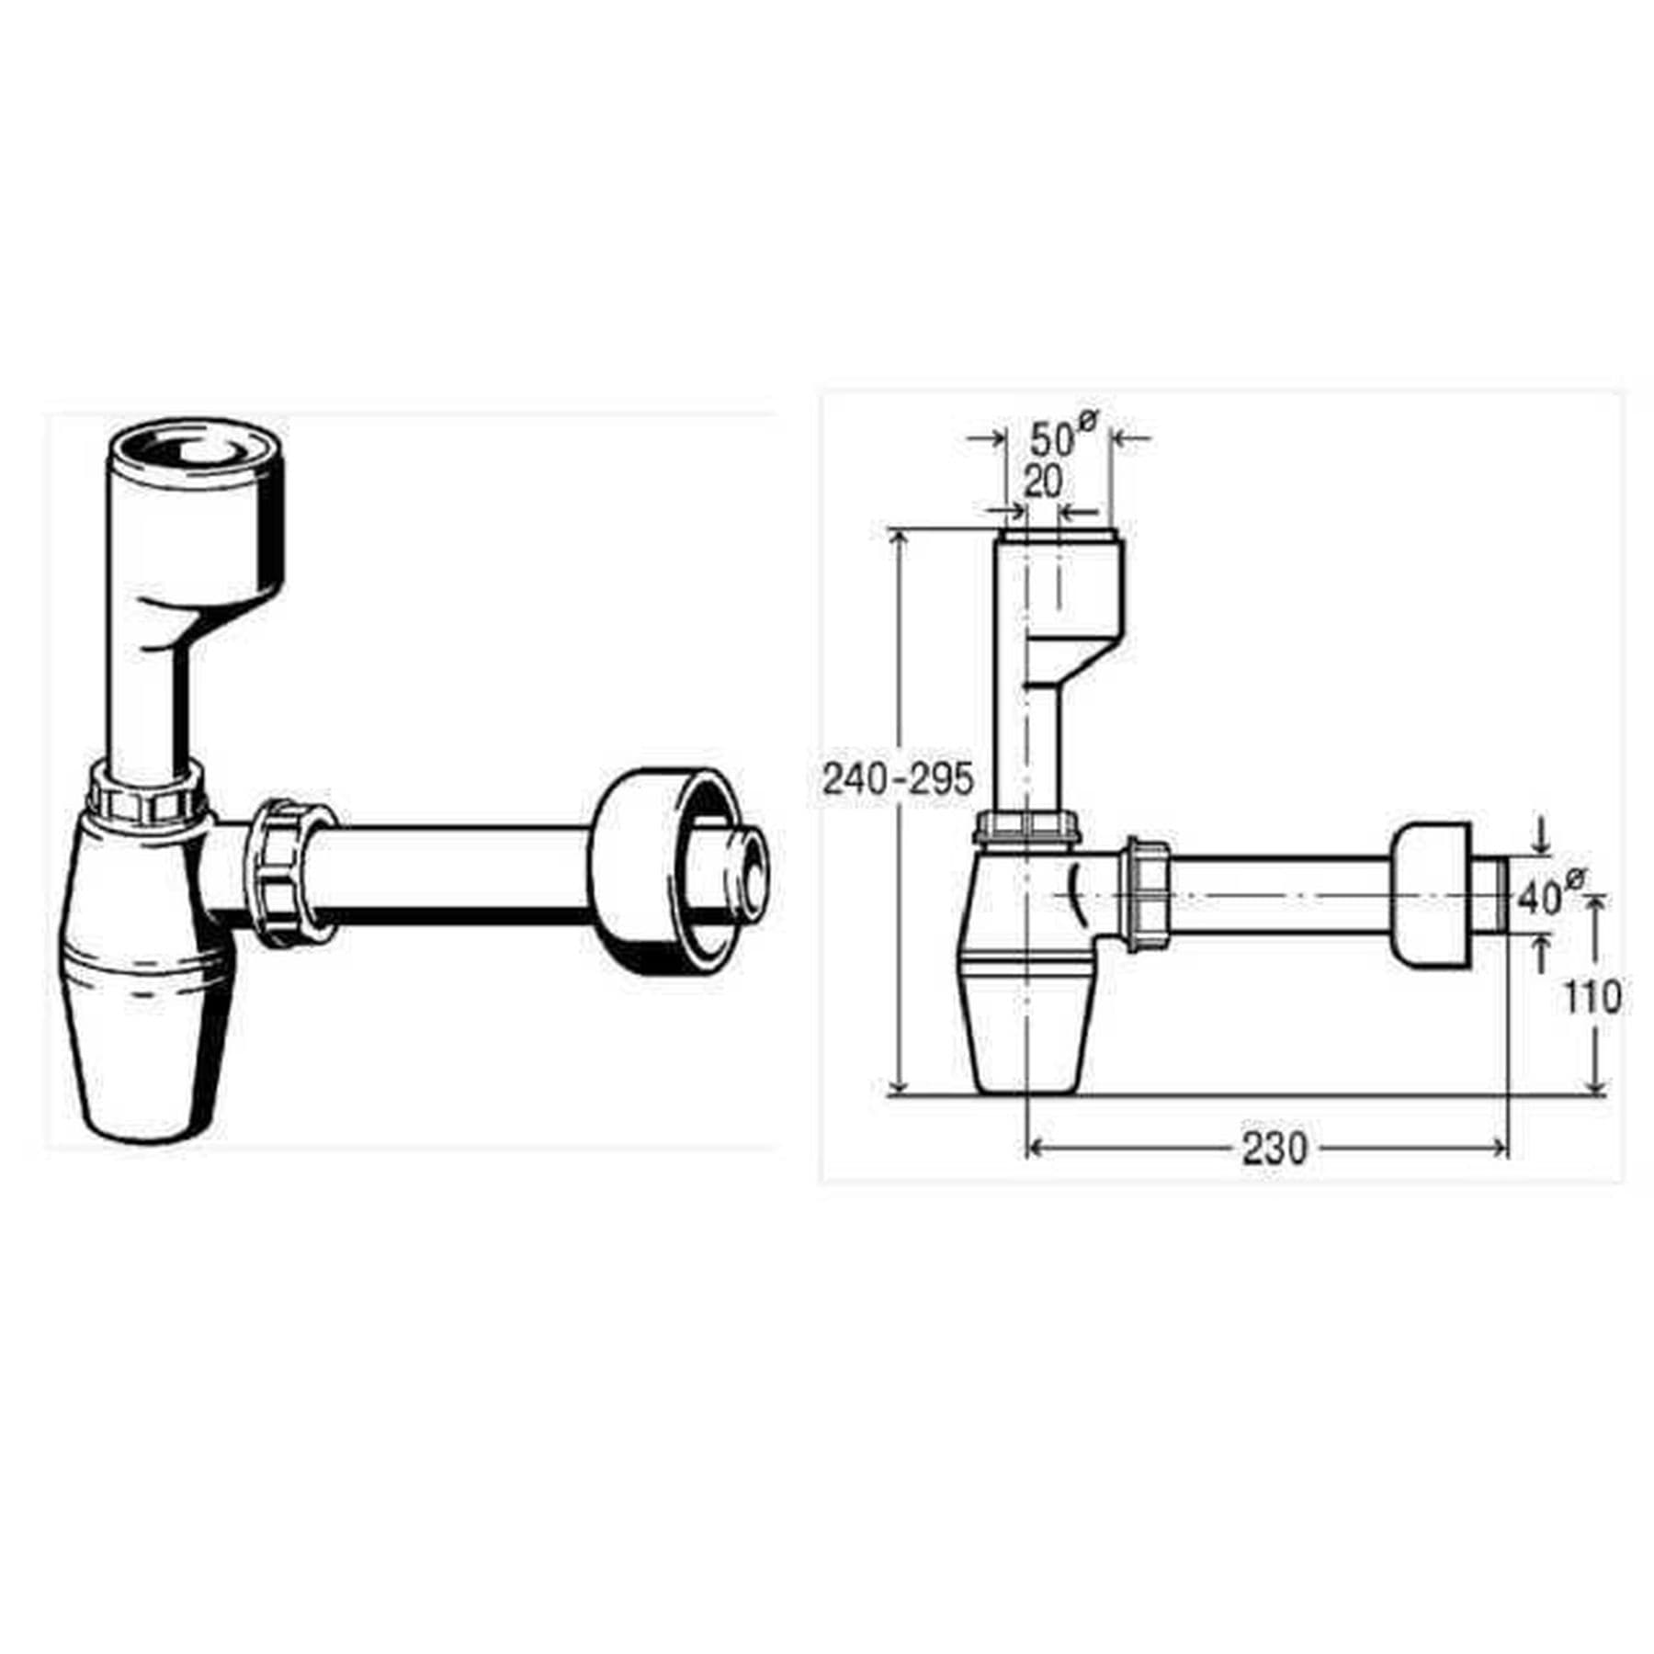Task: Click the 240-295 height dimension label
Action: pyautogui.click(x=897, y=780)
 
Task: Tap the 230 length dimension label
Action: pyautogui.click(x=1274, y=1148)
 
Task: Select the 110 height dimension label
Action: pyautogui.click(x=1592, y=997)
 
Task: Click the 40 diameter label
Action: pyautogui.click(x=1550, y=895)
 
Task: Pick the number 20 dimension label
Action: pyautogui.click(x=1042, y=481)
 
